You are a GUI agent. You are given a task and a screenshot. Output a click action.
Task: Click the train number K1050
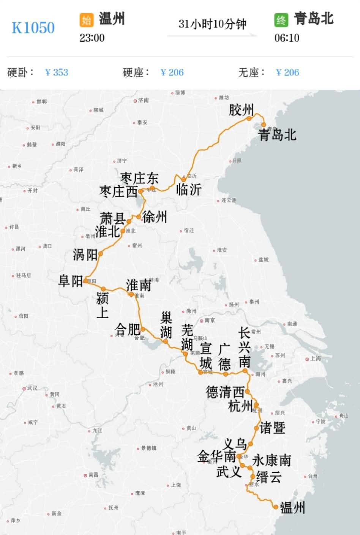tap(33, 28)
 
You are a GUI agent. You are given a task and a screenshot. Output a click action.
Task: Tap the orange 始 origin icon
tap(87, 20)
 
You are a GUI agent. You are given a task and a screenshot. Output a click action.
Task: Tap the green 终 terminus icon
tap(281, 20)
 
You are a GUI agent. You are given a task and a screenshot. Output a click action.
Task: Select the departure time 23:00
tap(92, 38)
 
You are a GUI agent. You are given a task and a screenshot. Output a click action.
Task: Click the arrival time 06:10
tap(287, 38)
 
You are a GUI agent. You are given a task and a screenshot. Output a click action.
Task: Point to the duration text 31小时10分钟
tap(212, 24)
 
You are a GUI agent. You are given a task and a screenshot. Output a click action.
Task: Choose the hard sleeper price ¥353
tap(57, 73)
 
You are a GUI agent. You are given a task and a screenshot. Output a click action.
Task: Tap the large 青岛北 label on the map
tap(277, 135)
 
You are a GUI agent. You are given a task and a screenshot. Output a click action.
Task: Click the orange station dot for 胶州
tap(249, 118)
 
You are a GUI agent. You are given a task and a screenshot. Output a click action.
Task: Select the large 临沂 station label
tap(189, 189)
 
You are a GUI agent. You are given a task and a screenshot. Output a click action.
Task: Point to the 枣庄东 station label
tap(139, 178)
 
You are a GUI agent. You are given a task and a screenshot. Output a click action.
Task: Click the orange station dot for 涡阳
tap(101, 254)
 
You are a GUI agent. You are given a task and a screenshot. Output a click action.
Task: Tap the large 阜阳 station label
tap(71, 281)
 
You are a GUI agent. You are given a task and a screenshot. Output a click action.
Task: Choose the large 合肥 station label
tap(127, 329)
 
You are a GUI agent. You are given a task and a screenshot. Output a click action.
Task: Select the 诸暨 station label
tap(272, 428)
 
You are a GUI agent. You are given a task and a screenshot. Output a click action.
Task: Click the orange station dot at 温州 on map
tap(276, 507)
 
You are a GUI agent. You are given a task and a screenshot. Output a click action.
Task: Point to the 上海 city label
tap(316, 359)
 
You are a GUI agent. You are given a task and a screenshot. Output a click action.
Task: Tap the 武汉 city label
tap(32, 388)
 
